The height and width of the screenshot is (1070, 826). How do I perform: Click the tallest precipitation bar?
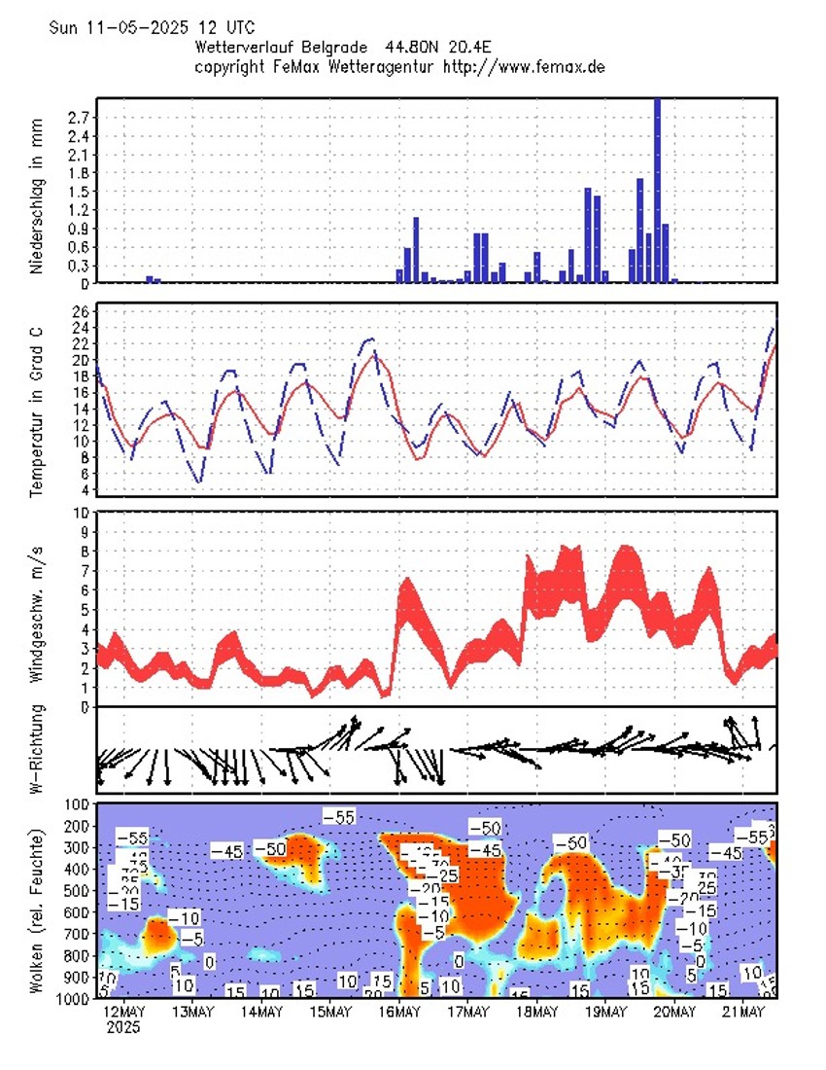pos(657,190)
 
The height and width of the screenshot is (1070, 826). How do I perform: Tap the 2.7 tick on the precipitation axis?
pos(81,117)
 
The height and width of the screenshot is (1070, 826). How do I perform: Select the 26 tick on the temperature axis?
pos(81,311)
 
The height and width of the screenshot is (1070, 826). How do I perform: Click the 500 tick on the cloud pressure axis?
pos(77,890)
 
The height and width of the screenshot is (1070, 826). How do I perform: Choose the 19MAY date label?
pos(605,1013)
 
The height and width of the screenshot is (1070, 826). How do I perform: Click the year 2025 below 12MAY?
pos(124,1027)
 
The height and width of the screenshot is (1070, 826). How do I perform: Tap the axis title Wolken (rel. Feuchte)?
pos(37,910)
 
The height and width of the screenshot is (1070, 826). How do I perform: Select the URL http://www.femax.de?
pos(525,66)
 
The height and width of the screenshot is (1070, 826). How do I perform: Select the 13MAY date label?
pos(192,1013)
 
